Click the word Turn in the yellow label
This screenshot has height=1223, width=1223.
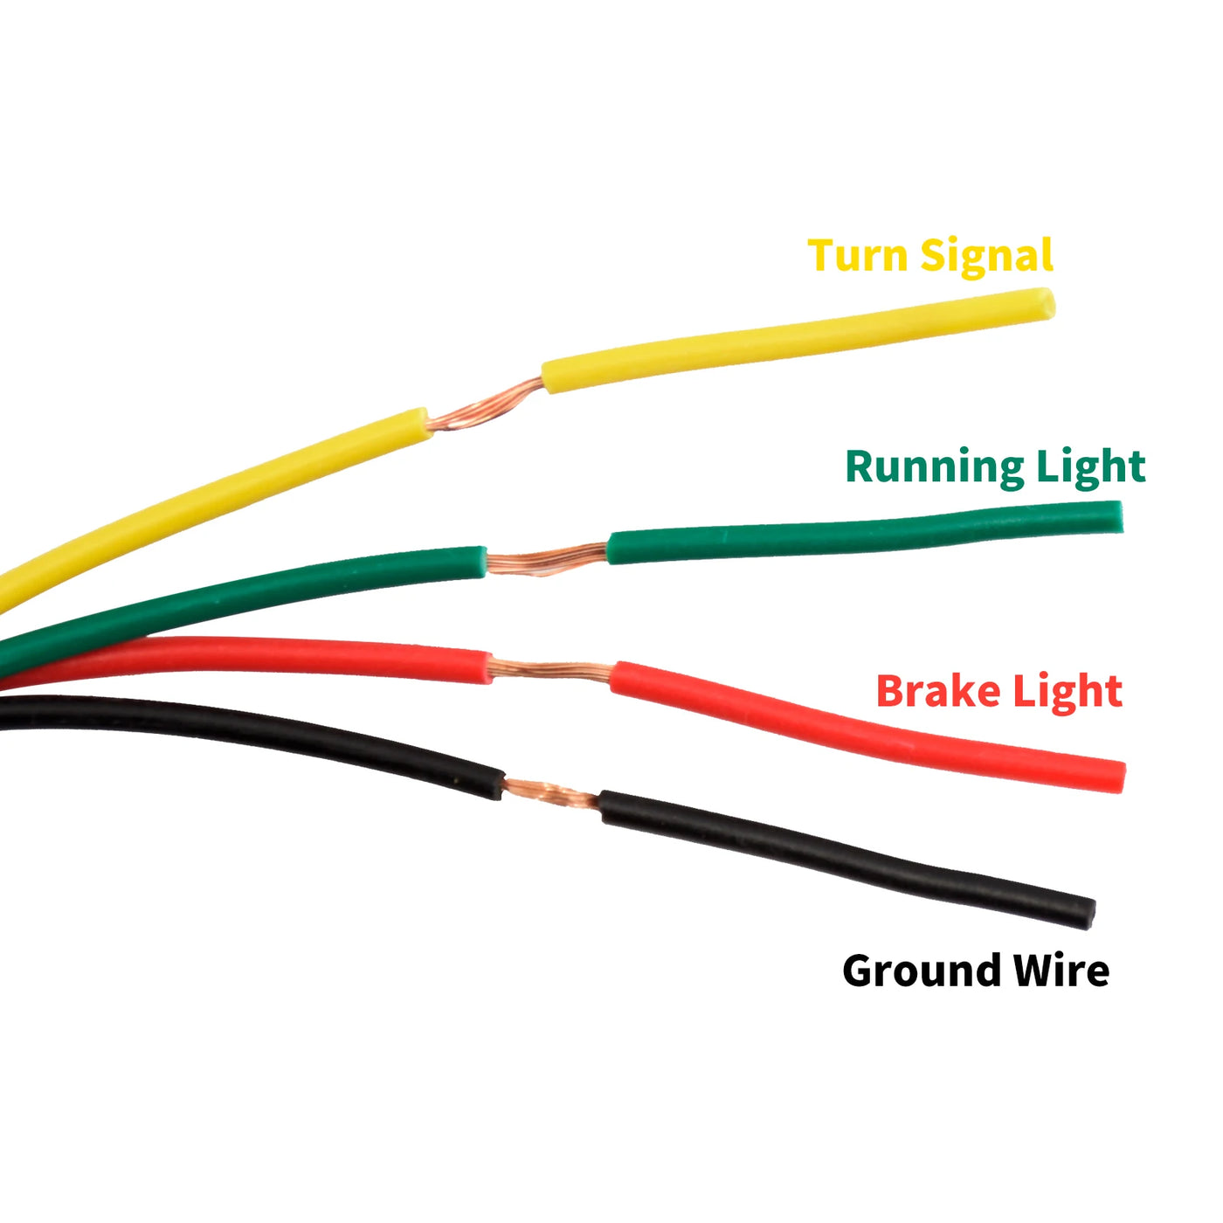858,254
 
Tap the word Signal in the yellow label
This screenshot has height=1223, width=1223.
986,257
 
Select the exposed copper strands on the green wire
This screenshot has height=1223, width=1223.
547,559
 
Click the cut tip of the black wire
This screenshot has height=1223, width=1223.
1089,914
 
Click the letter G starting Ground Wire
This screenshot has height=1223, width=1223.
858,971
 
